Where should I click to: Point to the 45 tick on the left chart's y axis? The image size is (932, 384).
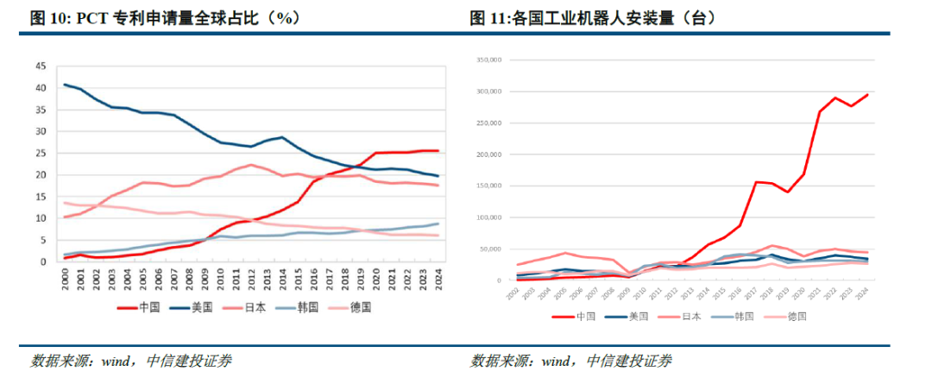pyautogui.click(x=40, y=66)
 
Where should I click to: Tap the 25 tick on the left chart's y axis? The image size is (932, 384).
pyautogui.click(x=40, y=153)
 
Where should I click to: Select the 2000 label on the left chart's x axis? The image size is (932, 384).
pyautogui.click(x=66, y=279)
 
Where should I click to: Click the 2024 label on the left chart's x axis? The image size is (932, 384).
pyautogui.click(x=438, y=279)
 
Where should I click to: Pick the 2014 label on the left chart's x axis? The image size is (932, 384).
pyautogui.click(x=283, y=279)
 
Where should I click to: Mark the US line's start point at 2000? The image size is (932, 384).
pyautogui.click(x=66, y=85)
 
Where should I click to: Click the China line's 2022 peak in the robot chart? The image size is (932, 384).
pyautogui.click(x=835, y=98)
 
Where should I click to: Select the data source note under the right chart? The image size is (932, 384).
pyautogui.click(x=571, y=360)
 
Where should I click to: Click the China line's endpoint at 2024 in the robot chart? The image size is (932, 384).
pyautogui.click(x=867, y=95)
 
